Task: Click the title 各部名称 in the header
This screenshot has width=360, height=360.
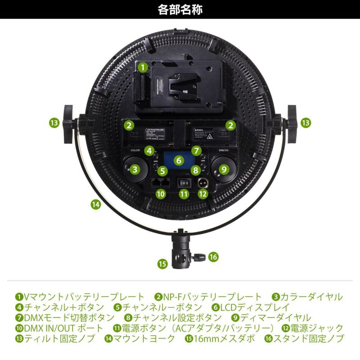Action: click(x=180, y=9)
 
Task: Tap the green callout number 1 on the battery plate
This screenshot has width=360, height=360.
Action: click(x=143, y=67)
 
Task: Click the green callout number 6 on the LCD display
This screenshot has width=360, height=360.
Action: click(x=179, y=160)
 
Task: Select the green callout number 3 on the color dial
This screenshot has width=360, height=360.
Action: click(x=134, y=170)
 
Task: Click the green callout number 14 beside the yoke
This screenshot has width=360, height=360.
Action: click(x=95, y=204)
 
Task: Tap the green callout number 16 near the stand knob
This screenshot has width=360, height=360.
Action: click(x=213, y=256)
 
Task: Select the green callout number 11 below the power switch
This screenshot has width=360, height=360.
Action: click(x=183, y=194)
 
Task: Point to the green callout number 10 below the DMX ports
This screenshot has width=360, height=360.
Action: click(x=161, y=194)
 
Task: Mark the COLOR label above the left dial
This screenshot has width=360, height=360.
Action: click(x=135, y=150)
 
